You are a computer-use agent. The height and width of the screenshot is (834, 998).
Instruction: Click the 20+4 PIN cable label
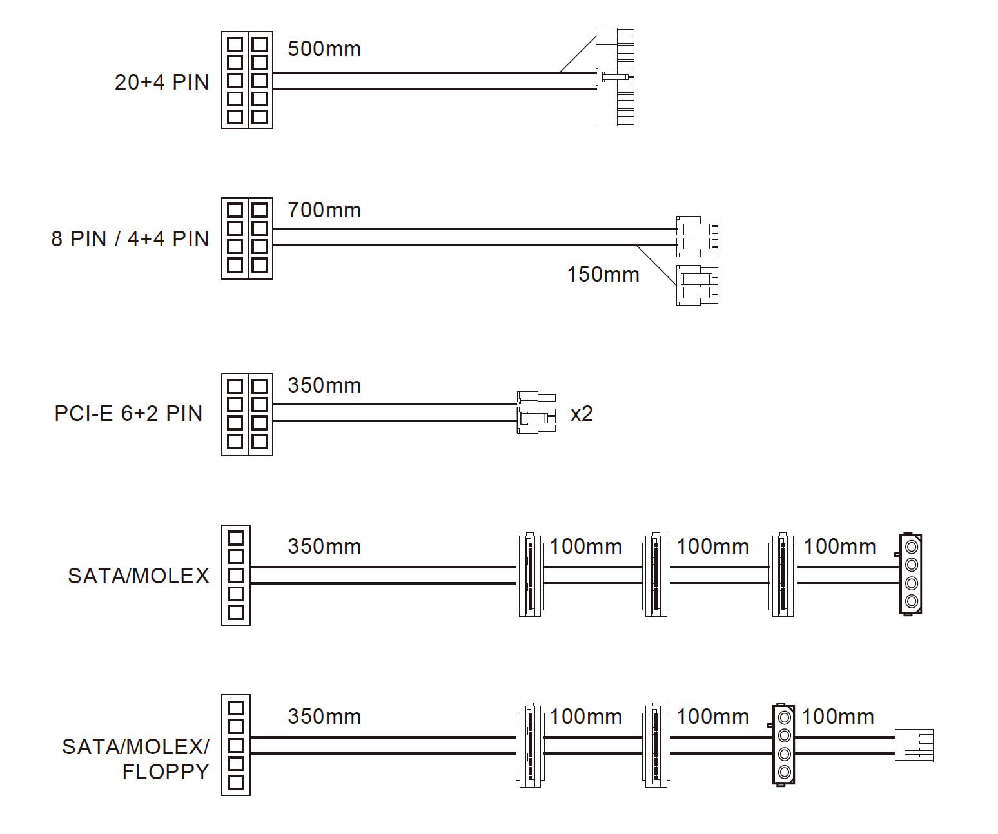(162, 82)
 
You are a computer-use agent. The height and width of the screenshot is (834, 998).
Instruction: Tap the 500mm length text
(324, 49)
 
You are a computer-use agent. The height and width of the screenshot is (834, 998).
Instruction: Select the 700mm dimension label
(324, 210)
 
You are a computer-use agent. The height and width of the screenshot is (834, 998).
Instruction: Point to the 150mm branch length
(603, 275)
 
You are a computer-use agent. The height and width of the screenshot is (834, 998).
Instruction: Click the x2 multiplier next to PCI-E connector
(582, 414)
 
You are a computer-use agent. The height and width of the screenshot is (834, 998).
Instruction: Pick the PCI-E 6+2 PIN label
(128, 414)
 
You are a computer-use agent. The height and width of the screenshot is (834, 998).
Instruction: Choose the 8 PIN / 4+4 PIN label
(130, 239)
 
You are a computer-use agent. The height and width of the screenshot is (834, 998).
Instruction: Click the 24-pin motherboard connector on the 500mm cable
(614, 77)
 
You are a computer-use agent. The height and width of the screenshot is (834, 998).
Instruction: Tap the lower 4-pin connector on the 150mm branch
(696, 285)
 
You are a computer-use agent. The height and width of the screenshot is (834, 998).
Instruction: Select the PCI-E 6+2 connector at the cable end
(536, 412)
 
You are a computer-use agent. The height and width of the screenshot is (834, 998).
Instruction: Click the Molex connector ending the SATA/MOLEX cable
(910, 574)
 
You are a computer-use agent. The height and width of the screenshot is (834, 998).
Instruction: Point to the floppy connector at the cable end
(914, 746)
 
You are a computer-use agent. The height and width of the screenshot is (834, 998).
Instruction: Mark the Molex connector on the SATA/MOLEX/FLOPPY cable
(783, 745)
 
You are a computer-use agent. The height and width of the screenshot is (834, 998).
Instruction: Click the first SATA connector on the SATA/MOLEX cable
(529, 574)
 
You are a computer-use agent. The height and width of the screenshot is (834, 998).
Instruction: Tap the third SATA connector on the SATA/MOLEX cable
(783, 574)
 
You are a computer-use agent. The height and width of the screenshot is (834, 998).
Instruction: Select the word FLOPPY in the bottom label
(166, 771)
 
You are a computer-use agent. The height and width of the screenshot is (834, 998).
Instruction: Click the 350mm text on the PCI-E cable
(324, 385)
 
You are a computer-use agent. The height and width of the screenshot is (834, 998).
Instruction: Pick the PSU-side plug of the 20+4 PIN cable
(247, 80)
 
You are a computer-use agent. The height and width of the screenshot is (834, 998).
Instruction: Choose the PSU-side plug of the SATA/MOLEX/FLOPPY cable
(235, 745)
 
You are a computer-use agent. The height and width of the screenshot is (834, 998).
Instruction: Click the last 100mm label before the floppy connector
(837, 717)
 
